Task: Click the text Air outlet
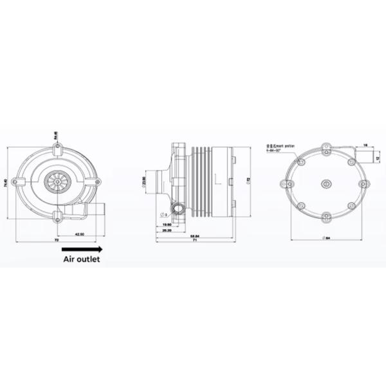coord(82,260)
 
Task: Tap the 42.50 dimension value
coord(79,234)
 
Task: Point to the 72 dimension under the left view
coord(57,240)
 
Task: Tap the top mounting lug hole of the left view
coord(57,149)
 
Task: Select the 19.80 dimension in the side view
coord(165,225)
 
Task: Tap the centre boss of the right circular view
coord(327,183)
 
